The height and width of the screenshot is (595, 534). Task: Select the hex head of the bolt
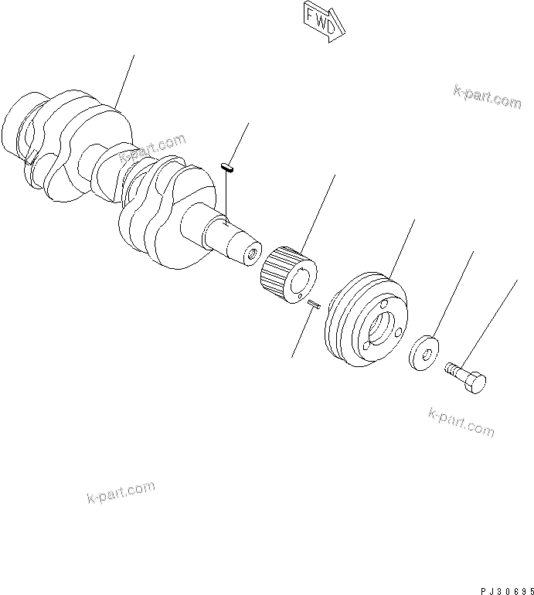(477, 382)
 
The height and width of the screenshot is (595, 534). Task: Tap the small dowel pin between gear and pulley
(314, 305)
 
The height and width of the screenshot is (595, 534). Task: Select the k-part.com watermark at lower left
(121, 491)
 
